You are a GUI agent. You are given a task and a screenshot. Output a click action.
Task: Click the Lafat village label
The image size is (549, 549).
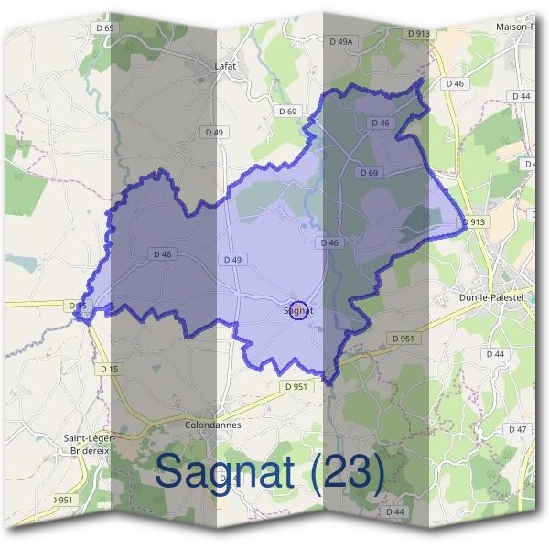(x=226, y=66)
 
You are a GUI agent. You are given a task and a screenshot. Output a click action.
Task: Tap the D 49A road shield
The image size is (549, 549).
(x=340, y=41)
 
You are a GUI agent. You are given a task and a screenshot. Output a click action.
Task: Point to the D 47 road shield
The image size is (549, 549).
(x=518, y=429)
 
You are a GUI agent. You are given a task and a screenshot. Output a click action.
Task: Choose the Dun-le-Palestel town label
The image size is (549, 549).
(x=492, y=297)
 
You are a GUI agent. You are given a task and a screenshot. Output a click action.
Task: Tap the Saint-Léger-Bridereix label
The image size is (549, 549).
(x=87, y=445)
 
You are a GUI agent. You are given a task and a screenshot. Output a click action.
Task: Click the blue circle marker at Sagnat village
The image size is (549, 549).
(x=296, y=311)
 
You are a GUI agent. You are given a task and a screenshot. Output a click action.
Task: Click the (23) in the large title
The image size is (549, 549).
(x=346, y=472)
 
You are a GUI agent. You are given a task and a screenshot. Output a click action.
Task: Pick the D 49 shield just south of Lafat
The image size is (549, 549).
(x=213, y=132)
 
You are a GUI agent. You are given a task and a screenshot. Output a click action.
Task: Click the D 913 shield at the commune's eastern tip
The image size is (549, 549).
(x=473, y=221)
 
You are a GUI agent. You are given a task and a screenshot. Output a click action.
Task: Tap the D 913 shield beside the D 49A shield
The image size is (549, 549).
(x=417, y=34)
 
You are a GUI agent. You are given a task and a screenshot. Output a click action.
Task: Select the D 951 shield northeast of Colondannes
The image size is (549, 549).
(x=296, y=387)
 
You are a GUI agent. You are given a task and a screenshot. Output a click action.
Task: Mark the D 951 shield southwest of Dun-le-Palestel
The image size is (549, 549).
(x=404, y=339)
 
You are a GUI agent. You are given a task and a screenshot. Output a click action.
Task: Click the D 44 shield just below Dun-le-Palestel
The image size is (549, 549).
(x=495, y=354)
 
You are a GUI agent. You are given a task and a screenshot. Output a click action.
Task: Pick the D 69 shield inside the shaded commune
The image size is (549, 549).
(x=369, y=173)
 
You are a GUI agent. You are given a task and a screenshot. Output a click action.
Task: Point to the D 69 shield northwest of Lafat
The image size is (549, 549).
(x=104, y=28)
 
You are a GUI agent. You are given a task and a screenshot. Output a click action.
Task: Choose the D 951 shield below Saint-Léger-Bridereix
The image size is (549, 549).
(x=62, y=500)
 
